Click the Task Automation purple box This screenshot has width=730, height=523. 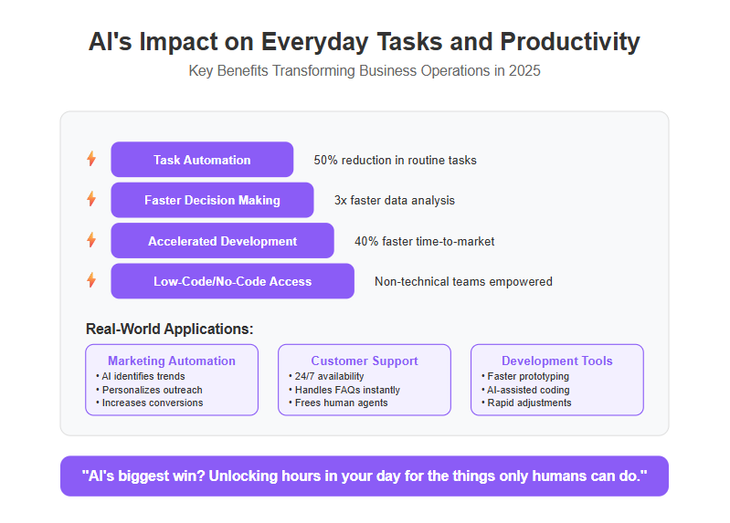202,160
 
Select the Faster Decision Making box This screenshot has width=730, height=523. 212,200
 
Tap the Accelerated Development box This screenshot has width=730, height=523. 223,241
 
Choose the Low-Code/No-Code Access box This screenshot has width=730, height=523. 232,281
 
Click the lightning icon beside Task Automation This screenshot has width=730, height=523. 91,159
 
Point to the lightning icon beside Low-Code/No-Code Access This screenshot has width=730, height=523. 91,280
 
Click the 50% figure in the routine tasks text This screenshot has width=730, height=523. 325,160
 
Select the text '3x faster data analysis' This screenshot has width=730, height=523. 395,201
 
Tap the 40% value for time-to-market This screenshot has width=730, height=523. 366,241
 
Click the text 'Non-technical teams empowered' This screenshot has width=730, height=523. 463,281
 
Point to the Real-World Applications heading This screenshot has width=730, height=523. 169,329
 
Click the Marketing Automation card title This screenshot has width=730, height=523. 172,361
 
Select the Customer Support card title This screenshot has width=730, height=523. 365,361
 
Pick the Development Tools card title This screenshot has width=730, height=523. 556,361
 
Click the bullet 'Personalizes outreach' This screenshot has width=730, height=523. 150,390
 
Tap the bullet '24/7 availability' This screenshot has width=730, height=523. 326,376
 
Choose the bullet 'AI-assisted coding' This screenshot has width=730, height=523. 525,390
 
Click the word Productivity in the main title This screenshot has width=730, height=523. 570,41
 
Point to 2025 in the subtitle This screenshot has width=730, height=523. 524,70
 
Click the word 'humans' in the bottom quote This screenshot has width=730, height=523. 557,476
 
